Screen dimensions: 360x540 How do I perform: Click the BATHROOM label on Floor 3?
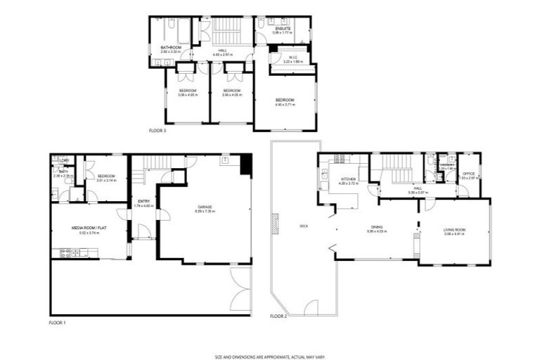(171, 48)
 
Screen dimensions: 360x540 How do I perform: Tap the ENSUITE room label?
(283, 28)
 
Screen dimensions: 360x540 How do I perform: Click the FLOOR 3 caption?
(157, 131)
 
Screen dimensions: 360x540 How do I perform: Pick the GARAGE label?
(204, 207)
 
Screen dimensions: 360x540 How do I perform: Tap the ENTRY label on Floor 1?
(143, 201)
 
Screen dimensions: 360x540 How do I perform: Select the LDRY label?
(63, 161)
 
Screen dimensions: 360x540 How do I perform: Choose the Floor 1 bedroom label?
(106, 176)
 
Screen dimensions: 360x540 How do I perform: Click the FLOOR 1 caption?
(57, 322)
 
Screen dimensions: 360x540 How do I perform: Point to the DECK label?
(304, 226)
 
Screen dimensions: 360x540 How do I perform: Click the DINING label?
(377, 227)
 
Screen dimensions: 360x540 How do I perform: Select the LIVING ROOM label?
(454, 229)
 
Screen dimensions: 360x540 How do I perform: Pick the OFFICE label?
(469, 174)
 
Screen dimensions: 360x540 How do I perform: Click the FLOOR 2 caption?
(278, 316)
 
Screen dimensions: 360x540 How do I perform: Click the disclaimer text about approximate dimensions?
(270, 356)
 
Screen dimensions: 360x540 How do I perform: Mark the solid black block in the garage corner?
(245, 165)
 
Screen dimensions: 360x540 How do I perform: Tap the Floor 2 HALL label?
(418, 189)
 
